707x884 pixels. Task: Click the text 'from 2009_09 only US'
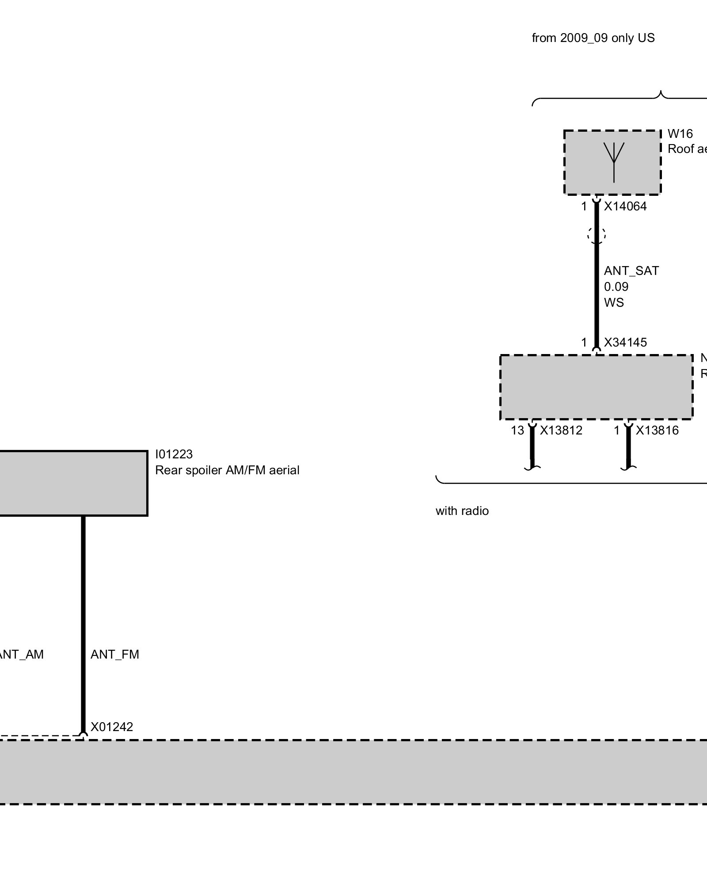point(593,38)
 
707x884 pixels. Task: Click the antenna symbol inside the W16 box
point(614,162)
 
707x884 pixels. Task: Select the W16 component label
point(680,133)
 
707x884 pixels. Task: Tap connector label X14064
point(625,206)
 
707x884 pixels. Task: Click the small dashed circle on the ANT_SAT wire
point(597,235)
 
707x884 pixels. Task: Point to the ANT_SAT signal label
point(631,271)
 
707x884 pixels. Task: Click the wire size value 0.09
point(616,287)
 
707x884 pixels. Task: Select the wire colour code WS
point(614,303)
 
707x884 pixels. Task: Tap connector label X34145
point(625,343)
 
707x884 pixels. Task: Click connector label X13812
point(561,431)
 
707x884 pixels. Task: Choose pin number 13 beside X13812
point(517,431)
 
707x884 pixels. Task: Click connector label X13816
point(657,431)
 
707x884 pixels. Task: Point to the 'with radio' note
point(462,511)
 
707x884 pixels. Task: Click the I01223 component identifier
point(174,454)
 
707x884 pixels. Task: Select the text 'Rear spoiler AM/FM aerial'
point(227,470)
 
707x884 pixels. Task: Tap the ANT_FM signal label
point(115,655)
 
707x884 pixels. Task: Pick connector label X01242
point(112,727)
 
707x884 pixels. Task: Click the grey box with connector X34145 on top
point(596,387)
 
